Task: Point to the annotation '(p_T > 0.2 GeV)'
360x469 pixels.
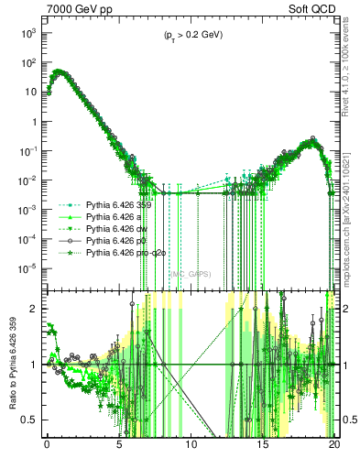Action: pyautogui.click(x=188, y=35)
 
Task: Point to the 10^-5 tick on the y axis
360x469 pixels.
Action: pyautogui.click(x=27, y=268)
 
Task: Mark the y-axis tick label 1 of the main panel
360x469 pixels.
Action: pyautogui.click(x=32, y=121)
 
